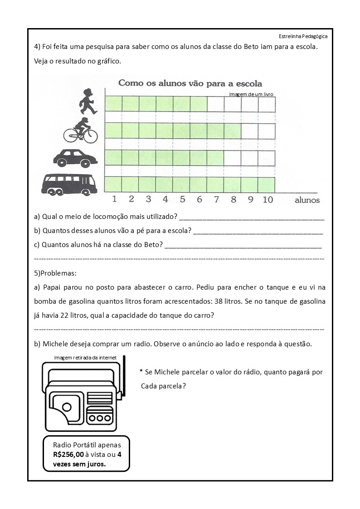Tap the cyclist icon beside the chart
(80, 130)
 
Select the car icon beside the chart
(75, 157)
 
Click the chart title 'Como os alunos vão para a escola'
(190, 83)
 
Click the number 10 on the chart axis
(268, 199)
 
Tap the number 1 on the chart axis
(114, 199)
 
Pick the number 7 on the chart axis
(216, 199)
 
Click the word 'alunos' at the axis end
(307, 200)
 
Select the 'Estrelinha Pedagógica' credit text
(303, 36)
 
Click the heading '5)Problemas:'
(55, 273)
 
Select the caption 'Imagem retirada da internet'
(85, 358)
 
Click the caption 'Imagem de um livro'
(251, 94)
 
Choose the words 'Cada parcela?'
(163, 386)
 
